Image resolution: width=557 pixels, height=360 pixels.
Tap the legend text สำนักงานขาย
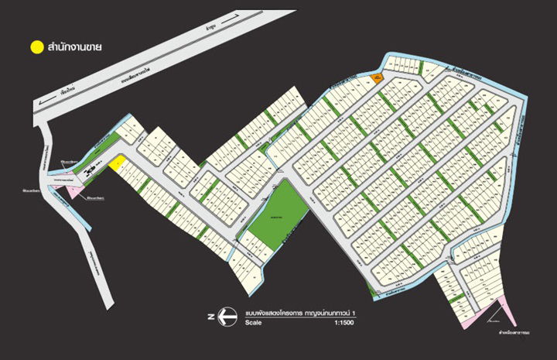coord(75,47)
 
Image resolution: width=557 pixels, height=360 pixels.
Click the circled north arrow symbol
coord(225,316)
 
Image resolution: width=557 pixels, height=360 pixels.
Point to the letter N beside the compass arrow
coord(210,316)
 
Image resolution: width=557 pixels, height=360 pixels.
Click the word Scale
coord(254,321)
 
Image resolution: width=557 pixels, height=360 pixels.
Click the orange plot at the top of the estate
coord(375,78)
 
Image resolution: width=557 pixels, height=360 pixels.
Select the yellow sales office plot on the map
coord(118,163)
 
